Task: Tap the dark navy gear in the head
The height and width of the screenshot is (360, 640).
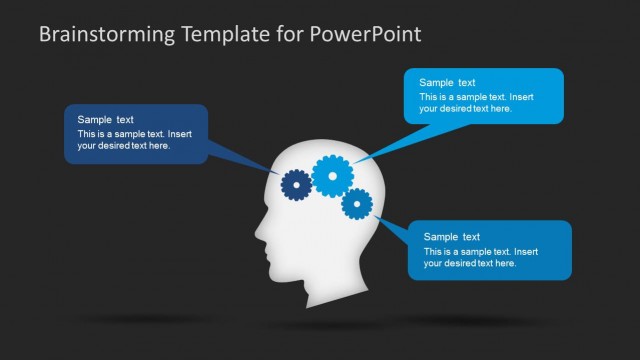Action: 295,184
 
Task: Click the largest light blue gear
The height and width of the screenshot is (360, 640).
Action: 332,176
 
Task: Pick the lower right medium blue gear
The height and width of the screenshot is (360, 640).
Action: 357,204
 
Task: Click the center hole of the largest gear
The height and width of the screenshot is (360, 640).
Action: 332,176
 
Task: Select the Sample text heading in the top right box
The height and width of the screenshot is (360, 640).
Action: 447,83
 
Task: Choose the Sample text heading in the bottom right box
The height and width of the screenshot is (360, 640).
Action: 452,237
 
